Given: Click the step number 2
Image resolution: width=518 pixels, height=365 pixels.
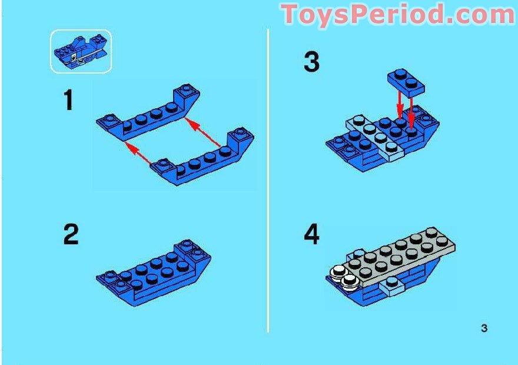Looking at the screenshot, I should (x=71, y=235).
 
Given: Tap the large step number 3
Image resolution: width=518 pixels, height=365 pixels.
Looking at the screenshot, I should (x=311, y=62).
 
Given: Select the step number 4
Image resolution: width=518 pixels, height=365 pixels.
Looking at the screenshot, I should (x=311, y=235).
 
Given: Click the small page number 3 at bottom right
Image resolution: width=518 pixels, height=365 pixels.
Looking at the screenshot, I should (x=484, y=328).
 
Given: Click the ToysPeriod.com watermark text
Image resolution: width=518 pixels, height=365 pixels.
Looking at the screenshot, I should (x=399, y=14).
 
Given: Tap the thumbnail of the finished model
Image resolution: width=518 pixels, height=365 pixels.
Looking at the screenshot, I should (x=81, y=51).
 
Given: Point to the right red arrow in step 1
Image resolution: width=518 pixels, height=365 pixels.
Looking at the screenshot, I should (x=203, y=131).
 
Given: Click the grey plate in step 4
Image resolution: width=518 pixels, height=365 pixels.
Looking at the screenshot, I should (x=400, y=256).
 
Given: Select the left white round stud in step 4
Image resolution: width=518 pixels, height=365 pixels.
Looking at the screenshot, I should (x=338, y=271).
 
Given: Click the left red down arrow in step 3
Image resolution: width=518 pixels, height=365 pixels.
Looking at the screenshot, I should (x=400, y=102).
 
